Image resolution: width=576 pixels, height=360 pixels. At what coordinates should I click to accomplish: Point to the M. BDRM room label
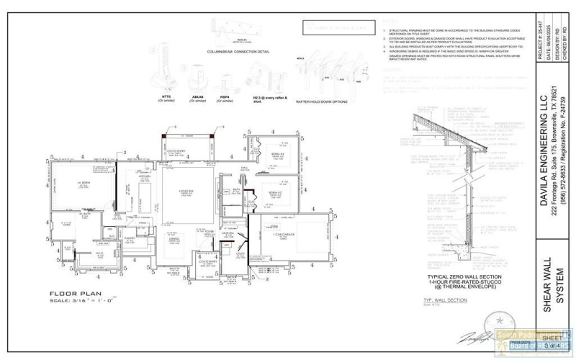tap(69, 184)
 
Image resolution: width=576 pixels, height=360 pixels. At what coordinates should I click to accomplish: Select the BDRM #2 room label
tap(274, 193)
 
